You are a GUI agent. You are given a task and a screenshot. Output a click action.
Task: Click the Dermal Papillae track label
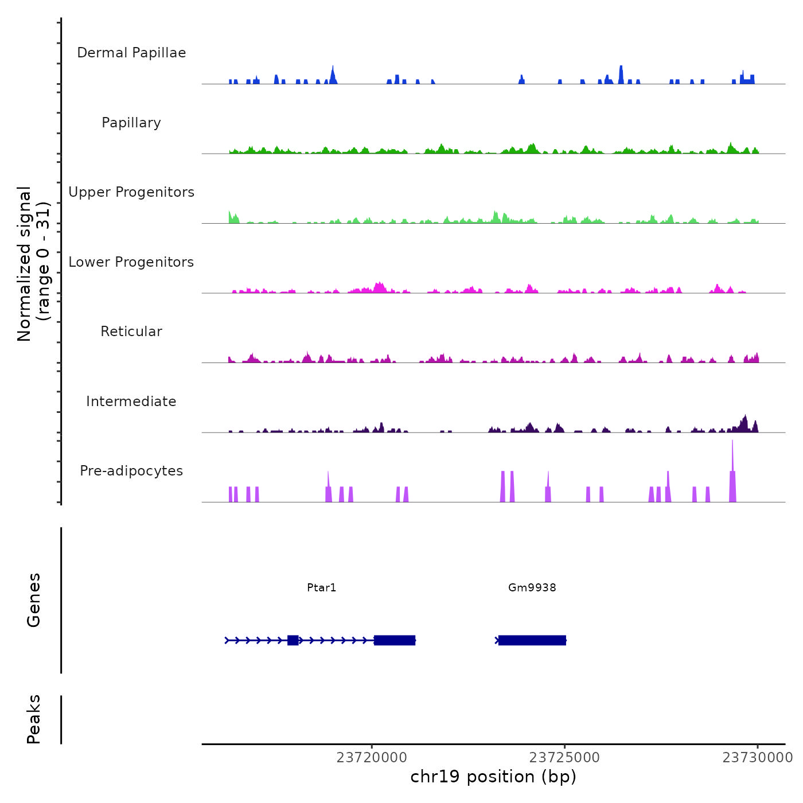click(x=131, y=53)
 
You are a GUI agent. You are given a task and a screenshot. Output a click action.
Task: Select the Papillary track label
click(x=131, y=123)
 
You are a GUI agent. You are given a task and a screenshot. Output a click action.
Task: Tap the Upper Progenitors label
click(x=131, y=192)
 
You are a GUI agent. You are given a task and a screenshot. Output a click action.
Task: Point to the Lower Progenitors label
click(x=131, y=262)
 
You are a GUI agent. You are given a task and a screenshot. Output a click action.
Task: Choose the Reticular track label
click(x=131, y=332)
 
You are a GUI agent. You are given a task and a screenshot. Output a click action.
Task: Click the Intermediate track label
click(x=131, y=402)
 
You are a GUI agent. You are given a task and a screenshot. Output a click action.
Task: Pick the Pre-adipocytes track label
click(x=131, y=471)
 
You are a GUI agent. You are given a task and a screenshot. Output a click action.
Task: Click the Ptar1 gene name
click(x=322, y=587)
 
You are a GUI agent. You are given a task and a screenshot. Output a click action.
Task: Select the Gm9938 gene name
click(x=532, y=587)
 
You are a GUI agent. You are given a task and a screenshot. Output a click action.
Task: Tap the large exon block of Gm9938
click(x=532, y=640)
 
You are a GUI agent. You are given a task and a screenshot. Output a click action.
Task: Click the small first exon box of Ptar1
click(x=293, y=640)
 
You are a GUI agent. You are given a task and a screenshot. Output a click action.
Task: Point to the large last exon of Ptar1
click(x=395, y=640)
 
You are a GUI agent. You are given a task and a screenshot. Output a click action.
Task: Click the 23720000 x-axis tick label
click(x=372, y=758)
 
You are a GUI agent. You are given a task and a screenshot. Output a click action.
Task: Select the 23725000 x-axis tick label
click(x=565, y=758)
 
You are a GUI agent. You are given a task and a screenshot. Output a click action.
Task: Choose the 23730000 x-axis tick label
click(x=758, y=758)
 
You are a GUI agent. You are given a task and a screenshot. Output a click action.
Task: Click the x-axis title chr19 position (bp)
click(x=493, y=777)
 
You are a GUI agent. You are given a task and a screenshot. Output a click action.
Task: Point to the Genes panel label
click(x=34, y=600)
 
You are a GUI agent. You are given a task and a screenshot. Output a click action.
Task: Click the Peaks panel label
click(x=34, y=719)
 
